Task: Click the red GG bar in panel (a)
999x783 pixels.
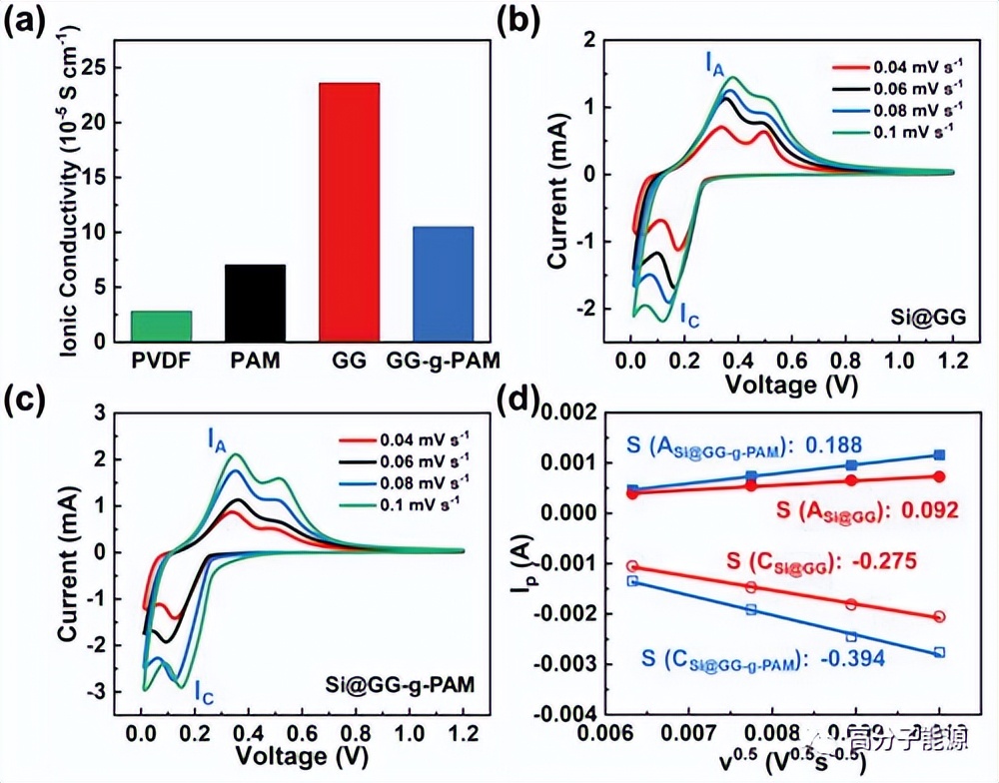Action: (349, 212)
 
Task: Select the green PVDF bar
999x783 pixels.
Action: (162, 326)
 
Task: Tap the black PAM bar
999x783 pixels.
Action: (255, 303)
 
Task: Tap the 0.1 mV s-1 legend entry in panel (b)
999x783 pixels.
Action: (896, 128)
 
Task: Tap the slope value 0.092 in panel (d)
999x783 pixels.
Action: (931, 511)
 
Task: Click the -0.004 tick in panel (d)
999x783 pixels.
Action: (564, 714)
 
